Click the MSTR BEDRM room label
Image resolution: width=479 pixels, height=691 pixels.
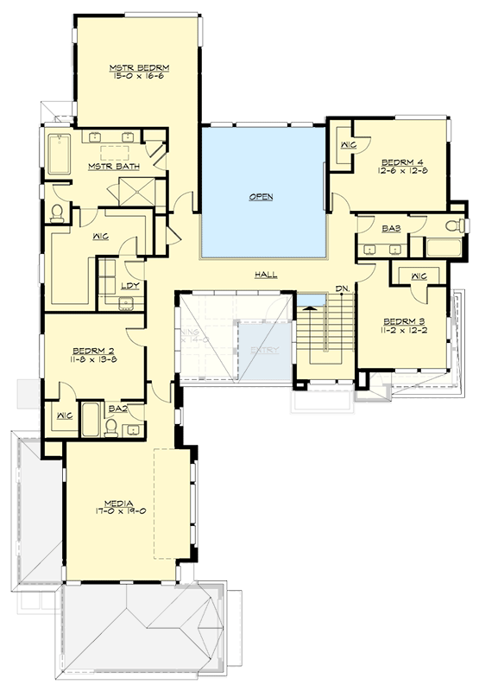[x=138, y=67]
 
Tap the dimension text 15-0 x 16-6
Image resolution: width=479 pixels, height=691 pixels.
[x=138, y=76]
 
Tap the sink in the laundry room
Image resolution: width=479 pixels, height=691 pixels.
[x=127, y=302]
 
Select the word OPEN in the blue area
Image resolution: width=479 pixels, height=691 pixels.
[x=262, y=197]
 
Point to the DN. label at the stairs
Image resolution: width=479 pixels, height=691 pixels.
[x=342, y=288]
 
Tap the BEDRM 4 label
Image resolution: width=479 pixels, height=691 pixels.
[x=400, y=161]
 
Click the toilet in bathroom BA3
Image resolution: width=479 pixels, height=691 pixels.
[x=451, y=226]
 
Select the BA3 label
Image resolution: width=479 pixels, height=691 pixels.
[x=389, y=229]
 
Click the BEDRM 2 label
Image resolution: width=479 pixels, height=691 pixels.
[x=92, y=350]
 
